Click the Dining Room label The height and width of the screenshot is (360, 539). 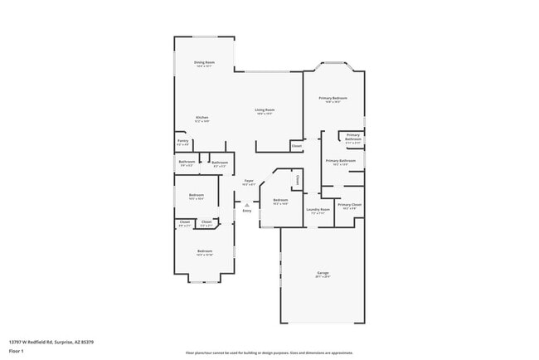click(x=203, y=63)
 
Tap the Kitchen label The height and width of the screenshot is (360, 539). click(x=202, y=118)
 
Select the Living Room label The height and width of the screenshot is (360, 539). click(x=265, y=110)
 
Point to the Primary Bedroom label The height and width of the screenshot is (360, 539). click(x=333, y=99)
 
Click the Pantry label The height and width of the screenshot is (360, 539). click(x=182, y=141)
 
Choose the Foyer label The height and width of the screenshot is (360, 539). click(x=249, y=181)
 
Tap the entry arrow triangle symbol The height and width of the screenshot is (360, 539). click(x=246, y=204)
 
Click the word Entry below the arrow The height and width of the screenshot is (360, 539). click(x=246, y=211)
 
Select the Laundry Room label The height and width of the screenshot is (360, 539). click(x=318, y=210)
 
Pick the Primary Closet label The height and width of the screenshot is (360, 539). click(x=350, y=204)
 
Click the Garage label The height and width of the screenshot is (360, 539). click(x=323, y=273)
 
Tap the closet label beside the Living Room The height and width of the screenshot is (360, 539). click(x=296, y=146)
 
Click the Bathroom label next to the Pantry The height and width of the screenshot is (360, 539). click(x=187, y=162)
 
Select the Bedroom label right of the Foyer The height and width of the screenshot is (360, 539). click(x=280, y=200)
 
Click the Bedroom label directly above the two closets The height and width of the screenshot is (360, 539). click(x=196, y=196)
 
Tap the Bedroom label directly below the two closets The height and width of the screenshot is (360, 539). click(x=205, y=251)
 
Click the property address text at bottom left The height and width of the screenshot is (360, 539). click(x=51, y=341)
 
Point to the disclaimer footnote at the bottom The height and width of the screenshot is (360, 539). click(x=269, y=353)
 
